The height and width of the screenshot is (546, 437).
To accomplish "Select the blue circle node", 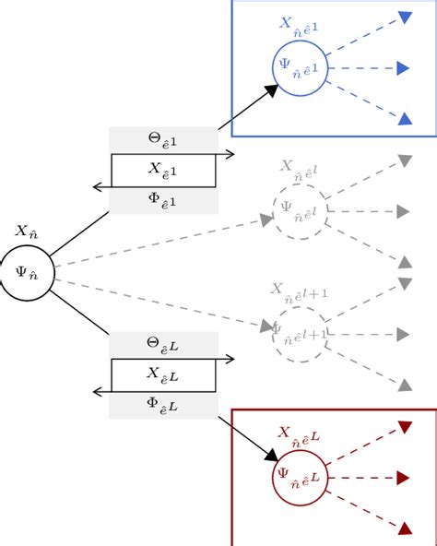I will coord(300,67).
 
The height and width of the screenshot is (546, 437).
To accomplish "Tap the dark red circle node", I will coord(300,478).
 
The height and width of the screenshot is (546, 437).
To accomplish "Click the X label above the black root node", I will coord(26,233).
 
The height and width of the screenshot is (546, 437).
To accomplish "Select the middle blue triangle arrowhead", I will coord(403,67).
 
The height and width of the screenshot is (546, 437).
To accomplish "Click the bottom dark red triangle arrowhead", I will coord(404,528).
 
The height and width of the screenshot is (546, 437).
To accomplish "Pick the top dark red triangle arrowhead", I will coord(404,427).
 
